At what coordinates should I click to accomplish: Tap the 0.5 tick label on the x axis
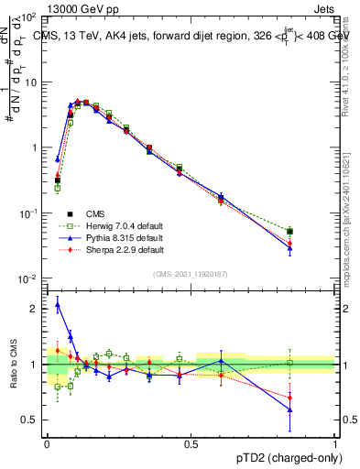[x=191, y=444]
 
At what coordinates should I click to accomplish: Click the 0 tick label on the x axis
[x=47, y=444]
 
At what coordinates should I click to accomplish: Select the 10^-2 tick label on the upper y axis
[x=29, y=278]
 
